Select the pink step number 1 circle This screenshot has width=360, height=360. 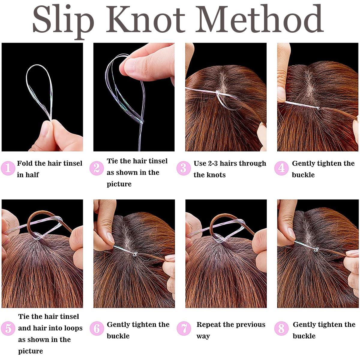[8, 168]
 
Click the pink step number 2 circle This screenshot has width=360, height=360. [97, 168]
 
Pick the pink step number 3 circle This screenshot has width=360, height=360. [184, 168]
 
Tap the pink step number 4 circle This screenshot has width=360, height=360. [281, 168]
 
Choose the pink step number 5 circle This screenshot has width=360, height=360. [8, 328]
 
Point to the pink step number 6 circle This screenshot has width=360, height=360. [97, 328]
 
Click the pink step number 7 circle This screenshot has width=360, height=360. [184, 328]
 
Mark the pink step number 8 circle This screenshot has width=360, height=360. [281, 328]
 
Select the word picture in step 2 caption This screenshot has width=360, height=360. [119, 184]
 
